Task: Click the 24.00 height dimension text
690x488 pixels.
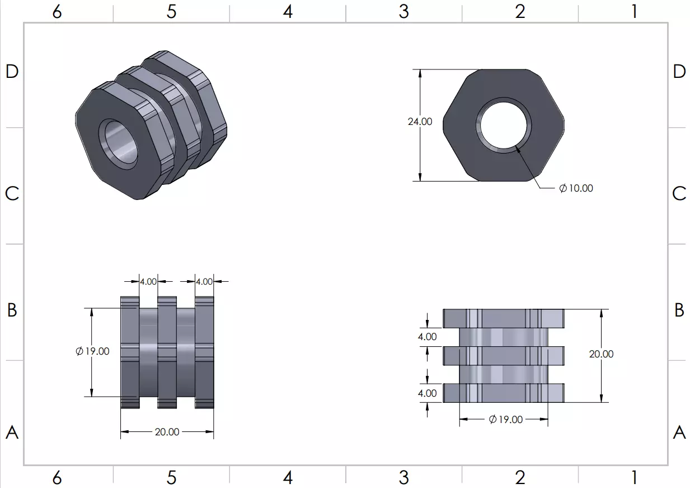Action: click(x=420, y=122)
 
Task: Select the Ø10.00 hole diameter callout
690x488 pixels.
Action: click(x=576, y=188)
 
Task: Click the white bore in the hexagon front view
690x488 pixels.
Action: click(x=503, y=124)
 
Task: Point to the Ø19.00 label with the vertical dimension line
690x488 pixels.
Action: click(x=92, y=351)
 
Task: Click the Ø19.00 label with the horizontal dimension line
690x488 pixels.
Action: click(x=505, y=420)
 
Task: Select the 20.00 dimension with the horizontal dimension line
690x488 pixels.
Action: click(x=167, y=432)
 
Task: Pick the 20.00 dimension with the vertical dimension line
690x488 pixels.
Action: click(x=601, y=354)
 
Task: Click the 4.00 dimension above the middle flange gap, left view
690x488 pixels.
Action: click(x=148, y=282)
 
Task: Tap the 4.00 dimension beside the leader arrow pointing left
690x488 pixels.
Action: click(x=204, y=282)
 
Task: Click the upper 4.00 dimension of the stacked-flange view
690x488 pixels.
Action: click(x=428, y=337)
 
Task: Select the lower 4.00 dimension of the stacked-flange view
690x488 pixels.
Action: click(x=428, y=393)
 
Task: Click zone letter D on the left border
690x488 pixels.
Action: click(x=12, y=71)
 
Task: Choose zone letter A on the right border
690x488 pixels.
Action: click(x=679, y=432)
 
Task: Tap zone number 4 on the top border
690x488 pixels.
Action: click(x=288, y=12)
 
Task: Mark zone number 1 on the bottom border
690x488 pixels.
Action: click(x=634, y=478)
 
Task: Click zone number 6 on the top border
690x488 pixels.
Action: click(x=57, y=12)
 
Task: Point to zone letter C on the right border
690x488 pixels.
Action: click(x=679, y=193)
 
